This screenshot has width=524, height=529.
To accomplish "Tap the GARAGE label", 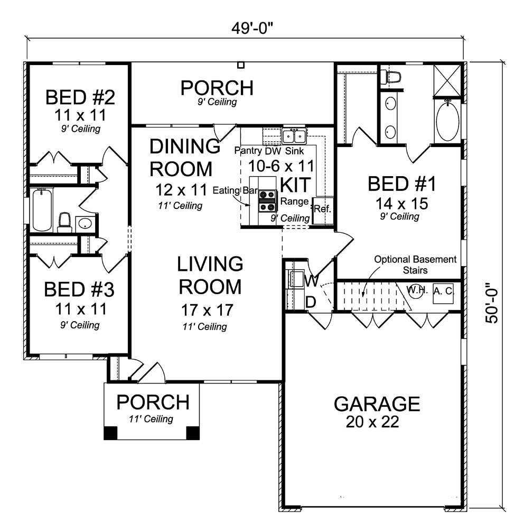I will click(377, 404).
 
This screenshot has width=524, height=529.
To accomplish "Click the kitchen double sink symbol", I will click(294, 136).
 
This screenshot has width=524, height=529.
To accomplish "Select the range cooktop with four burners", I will click(267, 201).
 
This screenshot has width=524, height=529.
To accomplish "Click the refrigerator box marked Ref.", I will click(322, 208).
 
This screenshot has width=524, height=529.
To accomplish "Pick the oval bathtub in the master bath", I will click(448, 121).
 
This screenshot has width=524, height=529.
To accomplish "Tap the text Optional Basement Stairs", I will click(415, 264).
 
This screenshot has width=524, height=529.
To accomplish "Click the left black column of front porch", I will click(111, 433).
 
